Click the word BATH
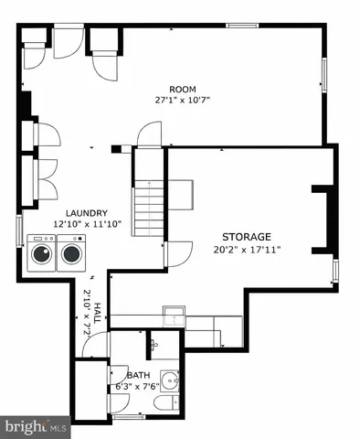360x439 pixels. click(x=138, y=375)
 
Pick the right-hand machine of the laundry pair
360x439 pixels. click(x=69, y=253)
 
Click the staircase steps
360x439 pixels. click(x=147, y=209)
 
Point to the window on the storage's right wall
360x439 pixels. click(x=334, y=269)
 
